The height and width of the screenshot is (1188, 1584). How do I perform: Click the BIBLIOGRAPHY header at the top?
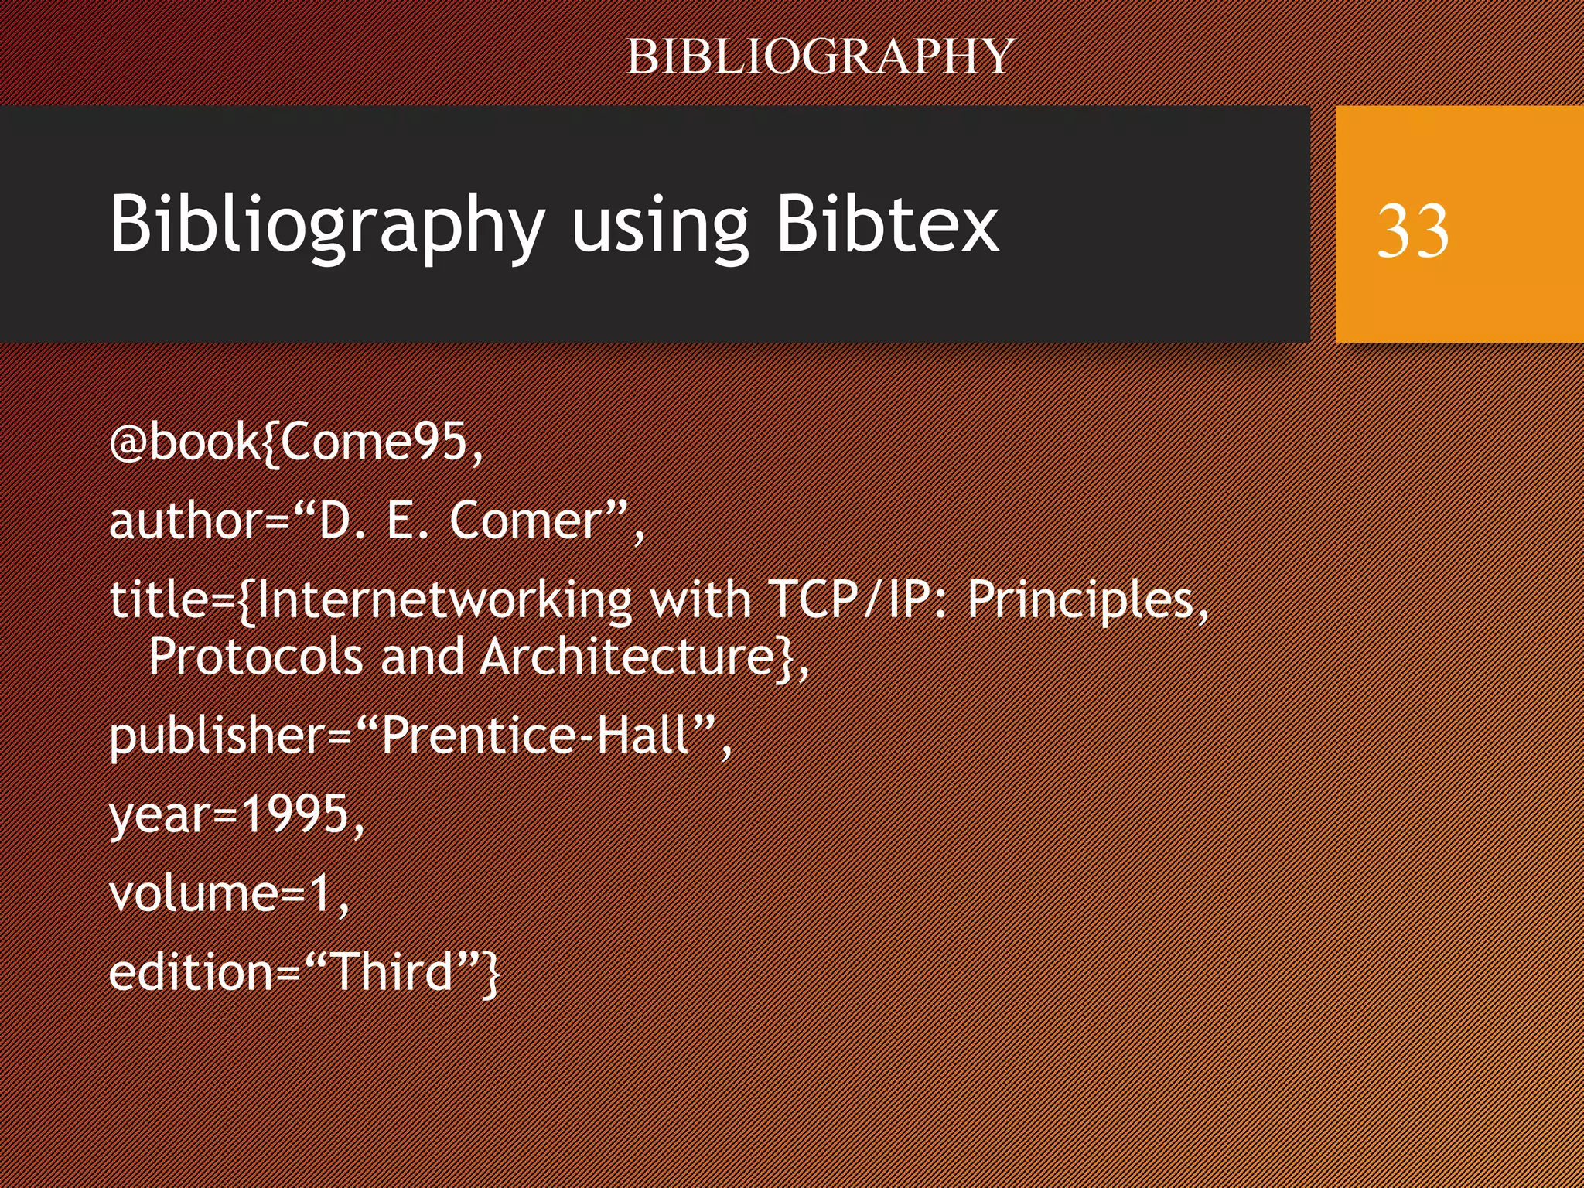tap(820, 56)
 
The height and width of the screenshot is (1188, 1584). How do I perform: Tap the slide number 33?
tap(1412, 230)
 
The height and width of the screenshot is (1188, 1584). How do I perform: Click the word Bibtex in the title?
tap(887, 224)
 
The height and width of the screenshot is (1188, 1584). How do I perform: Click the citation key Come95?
tap(374, 442)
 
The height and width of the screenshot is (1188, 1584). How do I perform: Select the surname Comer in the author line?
tap(526, 521)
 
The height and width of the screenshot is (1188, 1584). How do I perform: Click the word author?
tap(186, 521)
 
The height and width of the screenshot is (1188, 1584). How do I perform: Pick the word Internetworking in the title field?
tap(444, 600)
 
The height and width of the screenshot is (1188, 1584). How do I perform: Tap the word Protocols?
tap(255, 657)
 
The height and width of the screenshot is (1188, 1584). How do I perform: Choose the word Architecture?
tap(626, 657)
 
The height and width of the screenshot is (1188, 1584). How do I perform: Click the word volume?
tap(193, 893)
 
